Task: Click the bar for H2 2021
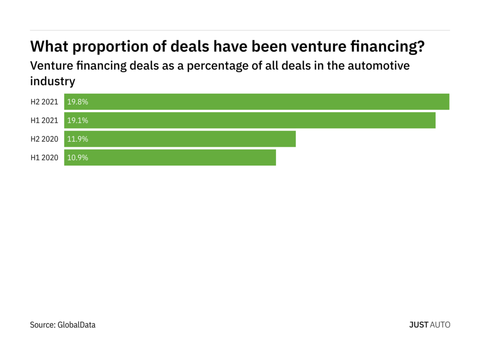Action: point(256,102)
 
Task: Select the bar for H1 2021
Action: point(249,120)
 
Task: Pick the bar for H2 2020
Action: point(180,139)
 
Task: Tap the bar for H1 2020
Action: point(170,158)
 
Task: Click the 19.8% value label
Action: point(78,102)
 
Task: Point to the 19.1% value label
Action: point(78,120)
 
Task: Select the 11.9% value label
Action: point(78,139)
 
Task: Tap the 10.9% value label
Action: point(78,158)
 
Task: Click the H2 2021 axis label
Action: point(45,102)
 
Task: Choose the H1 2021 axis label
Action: point(45,120)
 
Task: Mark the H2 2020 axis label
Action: point(45,139)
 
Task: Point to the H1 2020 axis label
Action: point(45,158)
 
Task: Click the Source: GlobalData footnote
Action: point(63,324)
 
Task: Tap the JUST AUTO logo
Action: point(429,324)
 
